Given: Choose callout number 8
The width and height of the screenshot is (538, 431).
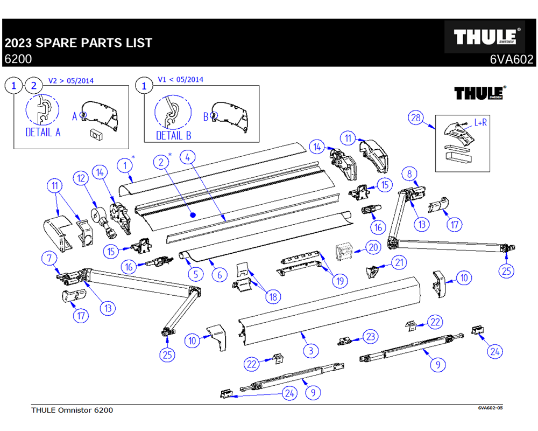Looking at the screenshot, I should click(x=409, y=173).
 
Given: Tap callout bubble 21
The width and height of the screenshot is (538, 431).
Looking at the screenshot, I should click(x=399, y=262).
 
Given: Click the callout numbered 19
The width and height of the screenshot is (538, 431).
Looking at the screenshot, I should click(x=340, y=281).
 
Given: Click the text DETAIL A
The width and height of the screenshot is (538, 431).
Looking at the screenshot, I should click(x=43, y=132).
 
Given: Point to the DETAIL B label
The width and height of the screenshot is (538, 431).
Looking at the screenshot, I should click(x=174, y=135).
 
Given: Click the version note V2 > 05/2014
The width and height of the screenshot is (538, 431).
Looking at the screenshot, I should click(x=71, y=81).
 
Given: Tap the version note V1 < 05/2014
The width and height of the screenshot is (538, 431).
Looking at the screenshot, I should click(x=181, y=80).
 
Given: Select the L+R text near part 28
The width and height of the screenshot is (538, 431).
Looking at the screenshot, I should click(x=480, y=123).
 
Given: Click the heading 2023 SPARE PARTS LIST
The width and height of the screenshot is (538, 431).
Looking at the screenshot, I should click(x=79, y=43).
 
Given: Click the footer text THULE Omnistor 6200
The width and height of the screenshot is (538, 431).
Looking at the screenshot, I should click(x=72, y=411).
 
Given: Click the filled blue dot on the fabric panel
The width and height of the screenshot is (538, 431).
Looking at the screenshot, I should click(x=193, y=214).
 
